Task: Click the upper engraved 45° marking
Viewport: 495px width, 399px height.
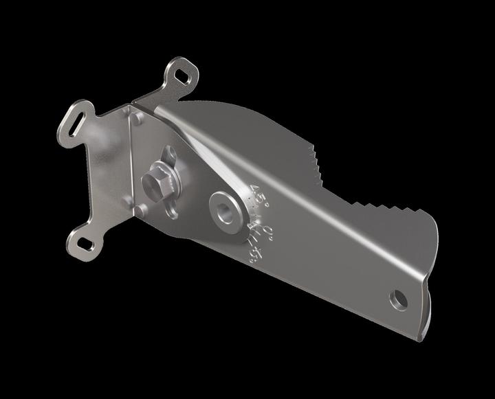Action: pyautogui.click(x=261, y=193)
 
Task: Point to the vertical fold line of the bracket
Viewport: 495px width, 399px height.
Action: pyautogui.click(x=131, y=165)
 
